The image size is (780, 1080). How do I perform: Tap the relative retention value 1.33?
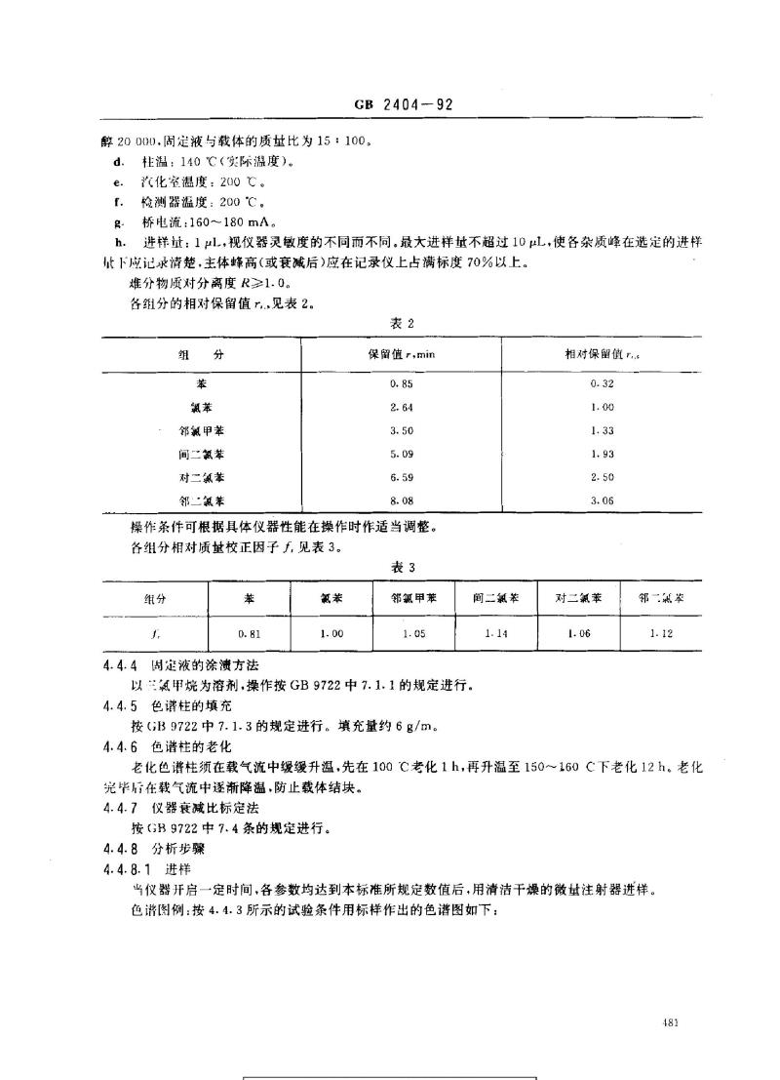click(x=602, y=428)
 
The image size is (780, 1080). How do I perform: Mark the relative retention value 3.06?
click(x=602, y=499)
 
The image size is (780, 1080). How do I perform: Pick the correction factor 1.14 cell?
click(x=495, y=633)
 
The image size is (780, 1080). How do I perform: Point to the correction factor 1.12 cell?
click(x=660, y=633)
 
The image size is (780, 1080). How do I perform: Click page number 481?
click(x=669, y=1022)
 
